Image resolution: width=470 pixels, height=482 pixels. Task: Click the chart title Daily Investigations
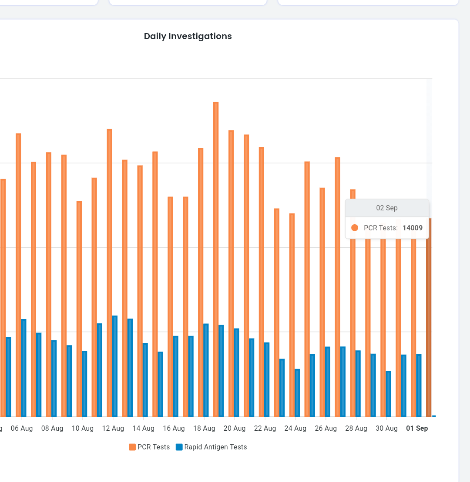(188, 36)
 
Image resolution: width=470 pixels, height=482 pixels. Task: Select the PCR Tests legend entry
(149, 447)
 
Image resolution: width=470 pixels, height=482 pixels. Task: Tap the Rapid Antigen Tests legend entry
(211, 447)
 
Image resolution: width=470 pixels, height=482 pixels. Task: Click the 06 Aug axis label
(22, 428)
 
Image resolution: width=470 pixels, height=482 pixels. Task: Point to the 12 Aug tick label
(113, 428)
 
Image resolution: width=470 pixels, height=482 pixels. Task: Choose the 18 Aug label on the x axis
(204, 428)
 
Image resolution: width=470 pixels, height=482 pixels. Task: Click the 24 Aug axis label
(295, 428)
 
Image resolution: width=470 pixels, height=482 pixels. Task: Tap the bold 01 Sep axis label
(417, 428)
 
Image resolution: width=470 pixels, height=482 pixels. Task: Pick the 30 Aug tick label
(386, 428)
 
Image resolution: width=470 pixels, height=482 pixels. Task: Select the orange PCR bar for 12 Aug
(110, 273)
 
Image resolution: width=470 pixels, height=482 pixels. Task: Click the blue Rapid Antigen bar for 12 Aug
(115, 366)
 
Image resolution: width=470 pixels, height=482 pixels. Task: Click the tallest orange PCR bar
(216, 259)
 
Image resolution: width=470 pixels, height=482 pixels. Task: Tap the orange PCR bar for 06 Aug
(18, 275)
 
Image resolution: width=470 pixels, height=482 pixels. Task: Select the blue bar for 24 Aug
(297, 393)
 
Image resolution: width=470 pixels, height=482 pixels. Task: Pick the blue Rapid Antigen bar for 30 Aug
(389, 394)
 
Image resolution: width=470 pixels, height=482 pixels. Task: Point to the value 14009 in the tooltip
(413, 228)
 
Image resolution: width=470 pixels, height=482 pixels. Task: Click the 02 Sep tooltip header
(387, 208)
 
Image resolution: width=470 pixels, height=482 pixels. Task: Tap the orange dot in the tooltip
(355, 228)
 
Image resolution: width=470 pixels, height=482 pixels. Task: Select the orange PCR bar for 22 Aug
(262, 282)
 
